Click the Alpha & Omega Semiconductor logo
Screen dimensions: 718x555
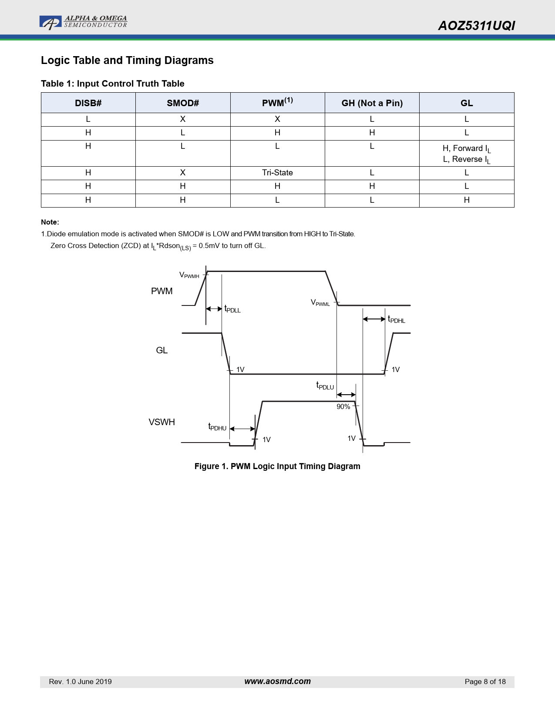click(x=83, y=22)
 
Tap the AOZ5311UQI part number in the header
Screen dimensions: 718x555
click(x=476, y=26)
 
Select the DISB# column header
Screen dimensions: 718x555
click(x=88, y=103)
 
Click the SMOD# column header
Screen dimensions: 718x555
click(x=183, y=103)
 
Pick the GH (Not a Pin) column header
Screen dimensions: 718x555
click(x=372, y=103)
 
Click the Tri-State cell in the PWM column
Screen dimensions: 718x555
click(x=277, y=173)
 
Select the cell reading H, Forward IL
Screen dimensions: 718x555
click(x=466, y=148)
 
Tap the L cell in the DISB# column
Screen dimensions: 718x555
click(x=88, y=119)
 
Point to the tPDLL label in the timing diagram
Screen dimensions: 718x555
click(x=232, y=309)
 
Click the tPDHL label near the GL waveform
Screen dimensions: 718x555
click(x=396, y=320)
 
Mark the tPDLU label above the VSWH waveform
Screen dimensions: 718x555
click(x=325, y=386)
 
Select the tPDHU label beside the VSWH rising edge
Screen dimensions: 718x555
click(x=217, y=427)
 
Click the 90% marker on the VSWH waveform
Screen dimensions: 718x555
click(x=343, y=407)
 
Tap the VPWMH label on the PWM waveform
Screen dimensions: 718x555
click(x=189, y=275)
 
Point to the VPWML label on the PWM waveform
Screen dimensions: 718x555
click(x=320, y=303)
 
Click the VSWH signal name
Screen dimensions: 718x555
click(x=161, y=422)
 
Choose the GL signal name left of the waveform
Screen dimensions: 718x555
click(x=161, y=350)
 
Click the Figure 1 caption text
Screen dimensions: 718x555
click(x=277, y=466)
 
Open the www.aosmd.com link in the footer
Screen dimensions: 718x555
click(x=277, y=681)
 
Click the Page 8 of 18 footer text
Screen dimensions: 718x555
click(x=485, y=682)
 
